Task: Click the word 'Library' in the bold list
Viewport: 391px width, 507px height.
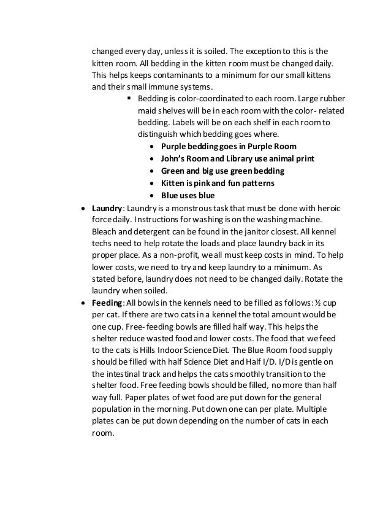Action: coord(240,158)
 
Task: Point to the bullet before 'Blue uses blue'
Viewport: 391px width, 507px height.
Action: coord(152,196)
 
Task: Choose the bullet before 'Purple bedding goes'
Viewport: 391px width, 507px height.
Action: coord(152,147)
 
